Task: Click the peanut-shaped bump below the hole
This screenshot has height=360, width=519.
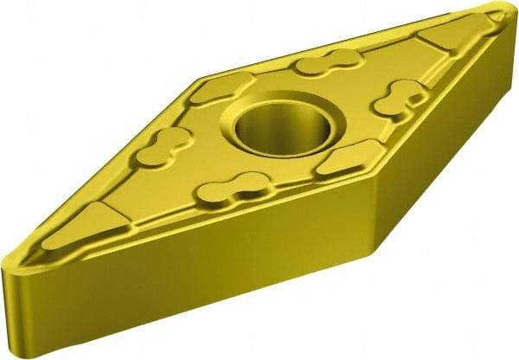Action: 231,186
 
